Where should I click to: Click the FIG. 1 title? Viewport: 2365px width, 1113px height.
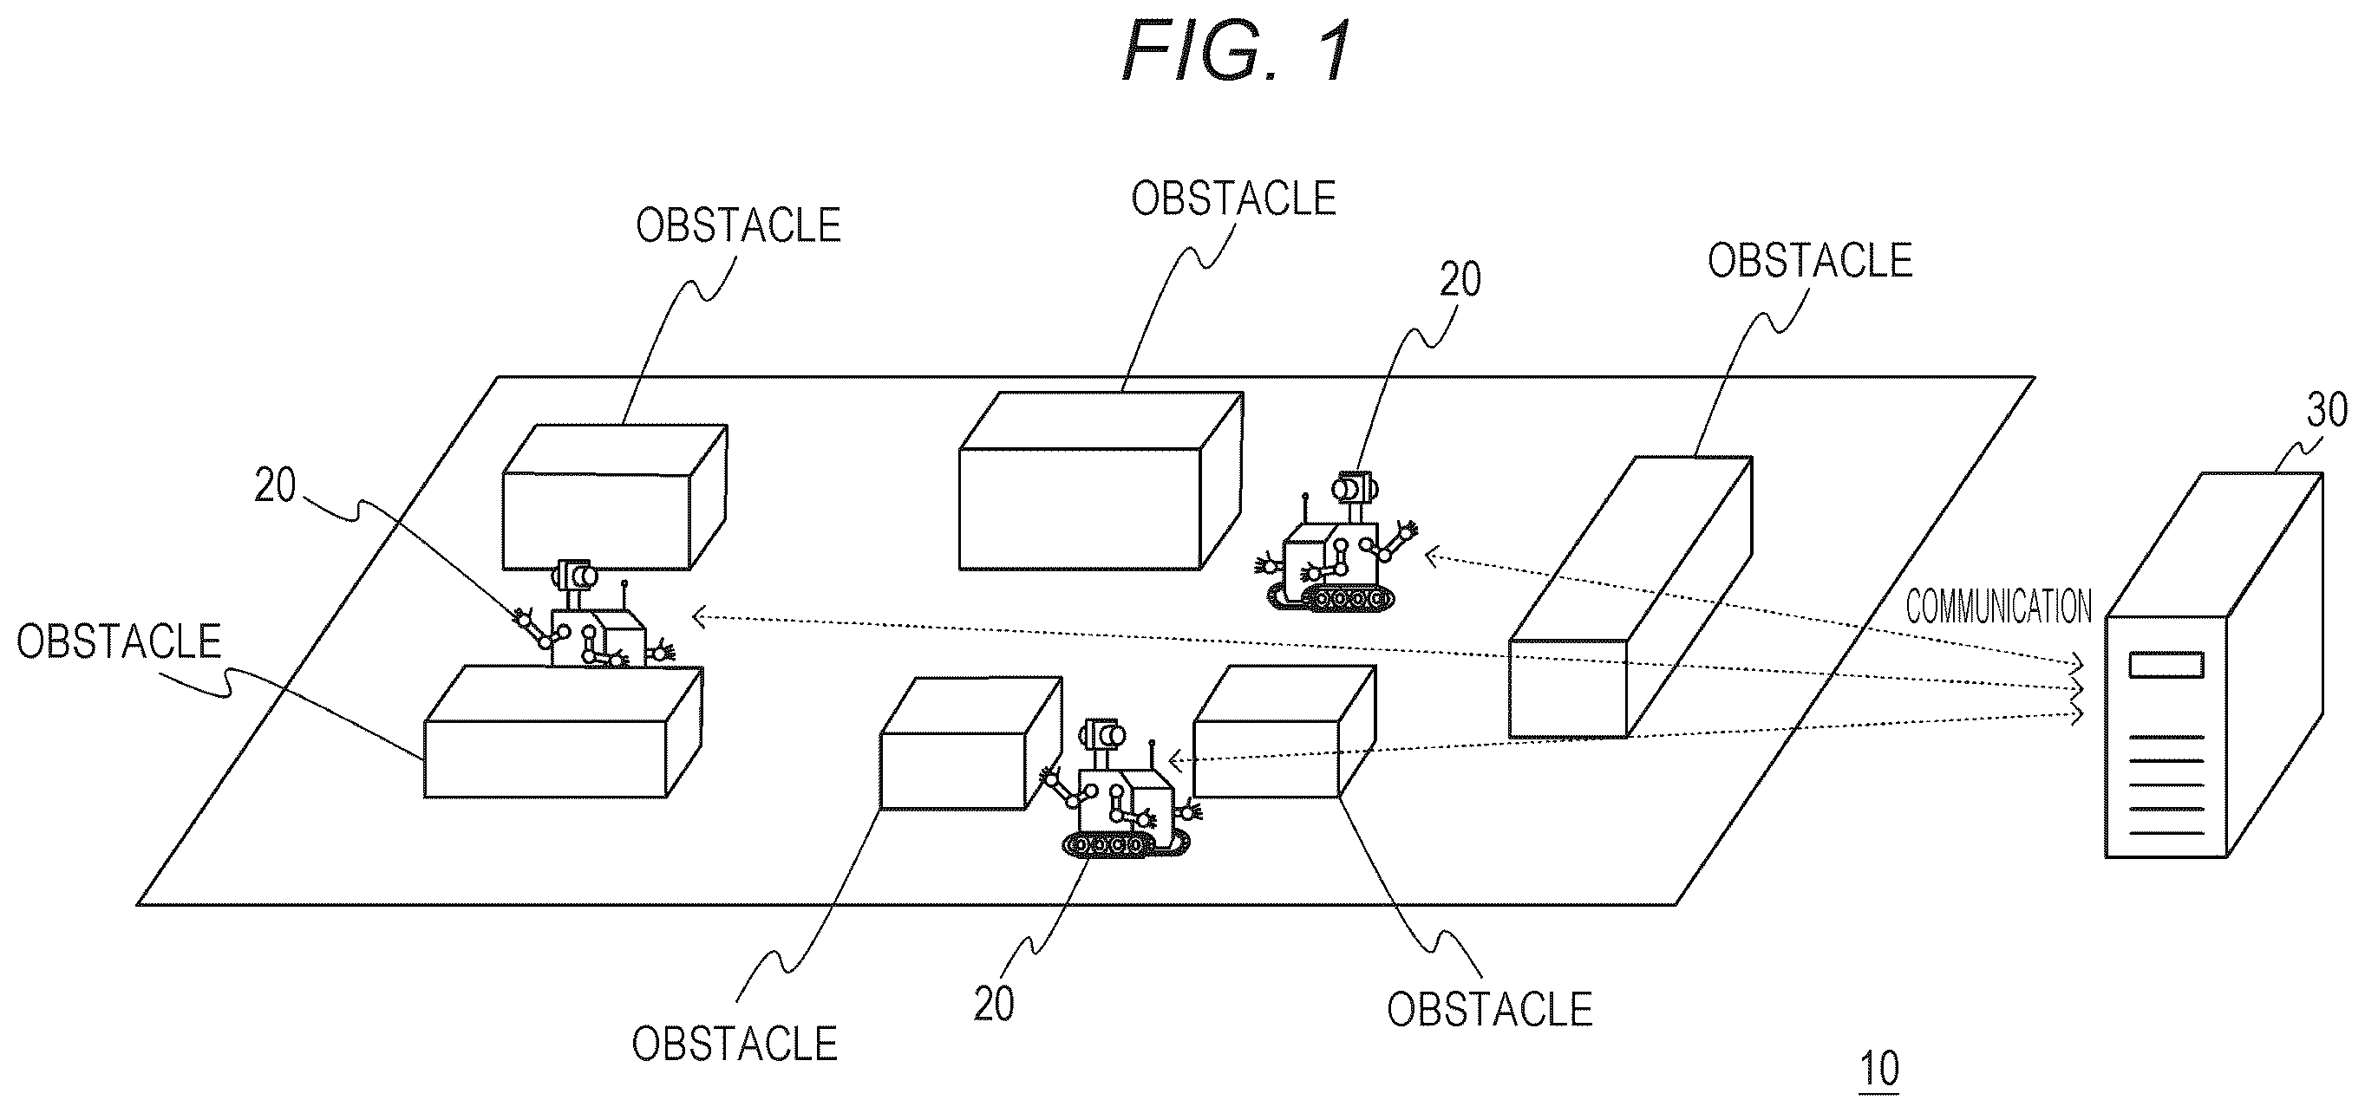click(x=1236, y=51)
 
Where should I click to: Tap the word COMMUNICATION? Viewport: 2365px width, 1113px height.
click(x=1999, y=607)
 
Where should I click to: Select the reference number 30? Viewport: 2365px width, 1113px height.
click(x=2328, y=409)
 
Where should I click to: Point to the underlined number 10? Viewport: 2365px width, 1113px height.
click(x=1879, y=1069)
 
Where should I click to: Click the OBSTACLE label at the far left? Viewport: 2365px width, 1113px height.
click(x=120, y=641)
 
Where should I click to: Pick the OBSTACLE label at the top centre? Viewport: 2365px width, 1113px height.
click(x=1233, y=199)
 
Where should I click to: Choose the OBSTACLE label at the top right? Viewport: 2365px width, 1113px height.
click(x=1810, y=261)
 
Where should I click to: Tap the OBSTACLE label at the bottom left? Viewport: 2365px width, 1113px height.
click(x=735, y=1045)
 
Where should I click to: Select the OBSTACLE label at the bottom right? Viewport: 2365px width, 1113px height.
click(x=1489, y=1010)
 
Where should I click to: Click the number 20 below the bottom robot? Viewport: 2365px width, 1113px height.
click(x=994, y=1004)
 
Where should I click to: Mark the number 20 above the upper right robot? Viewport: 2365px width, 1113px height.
click(x=1460, y=279)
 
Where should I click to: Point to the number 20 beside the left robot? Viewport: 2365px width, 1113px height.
click(x=276, y=485)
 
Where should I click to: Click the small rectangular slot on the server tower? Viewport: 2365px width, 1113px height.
click(x=2166, y=665)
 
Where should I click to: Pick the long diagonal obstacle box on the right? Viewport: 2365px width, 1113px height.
click(x=1630, y=596)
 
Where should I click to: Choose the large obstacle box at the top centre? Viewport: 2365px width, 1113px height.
click(x=1101, y=481)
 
